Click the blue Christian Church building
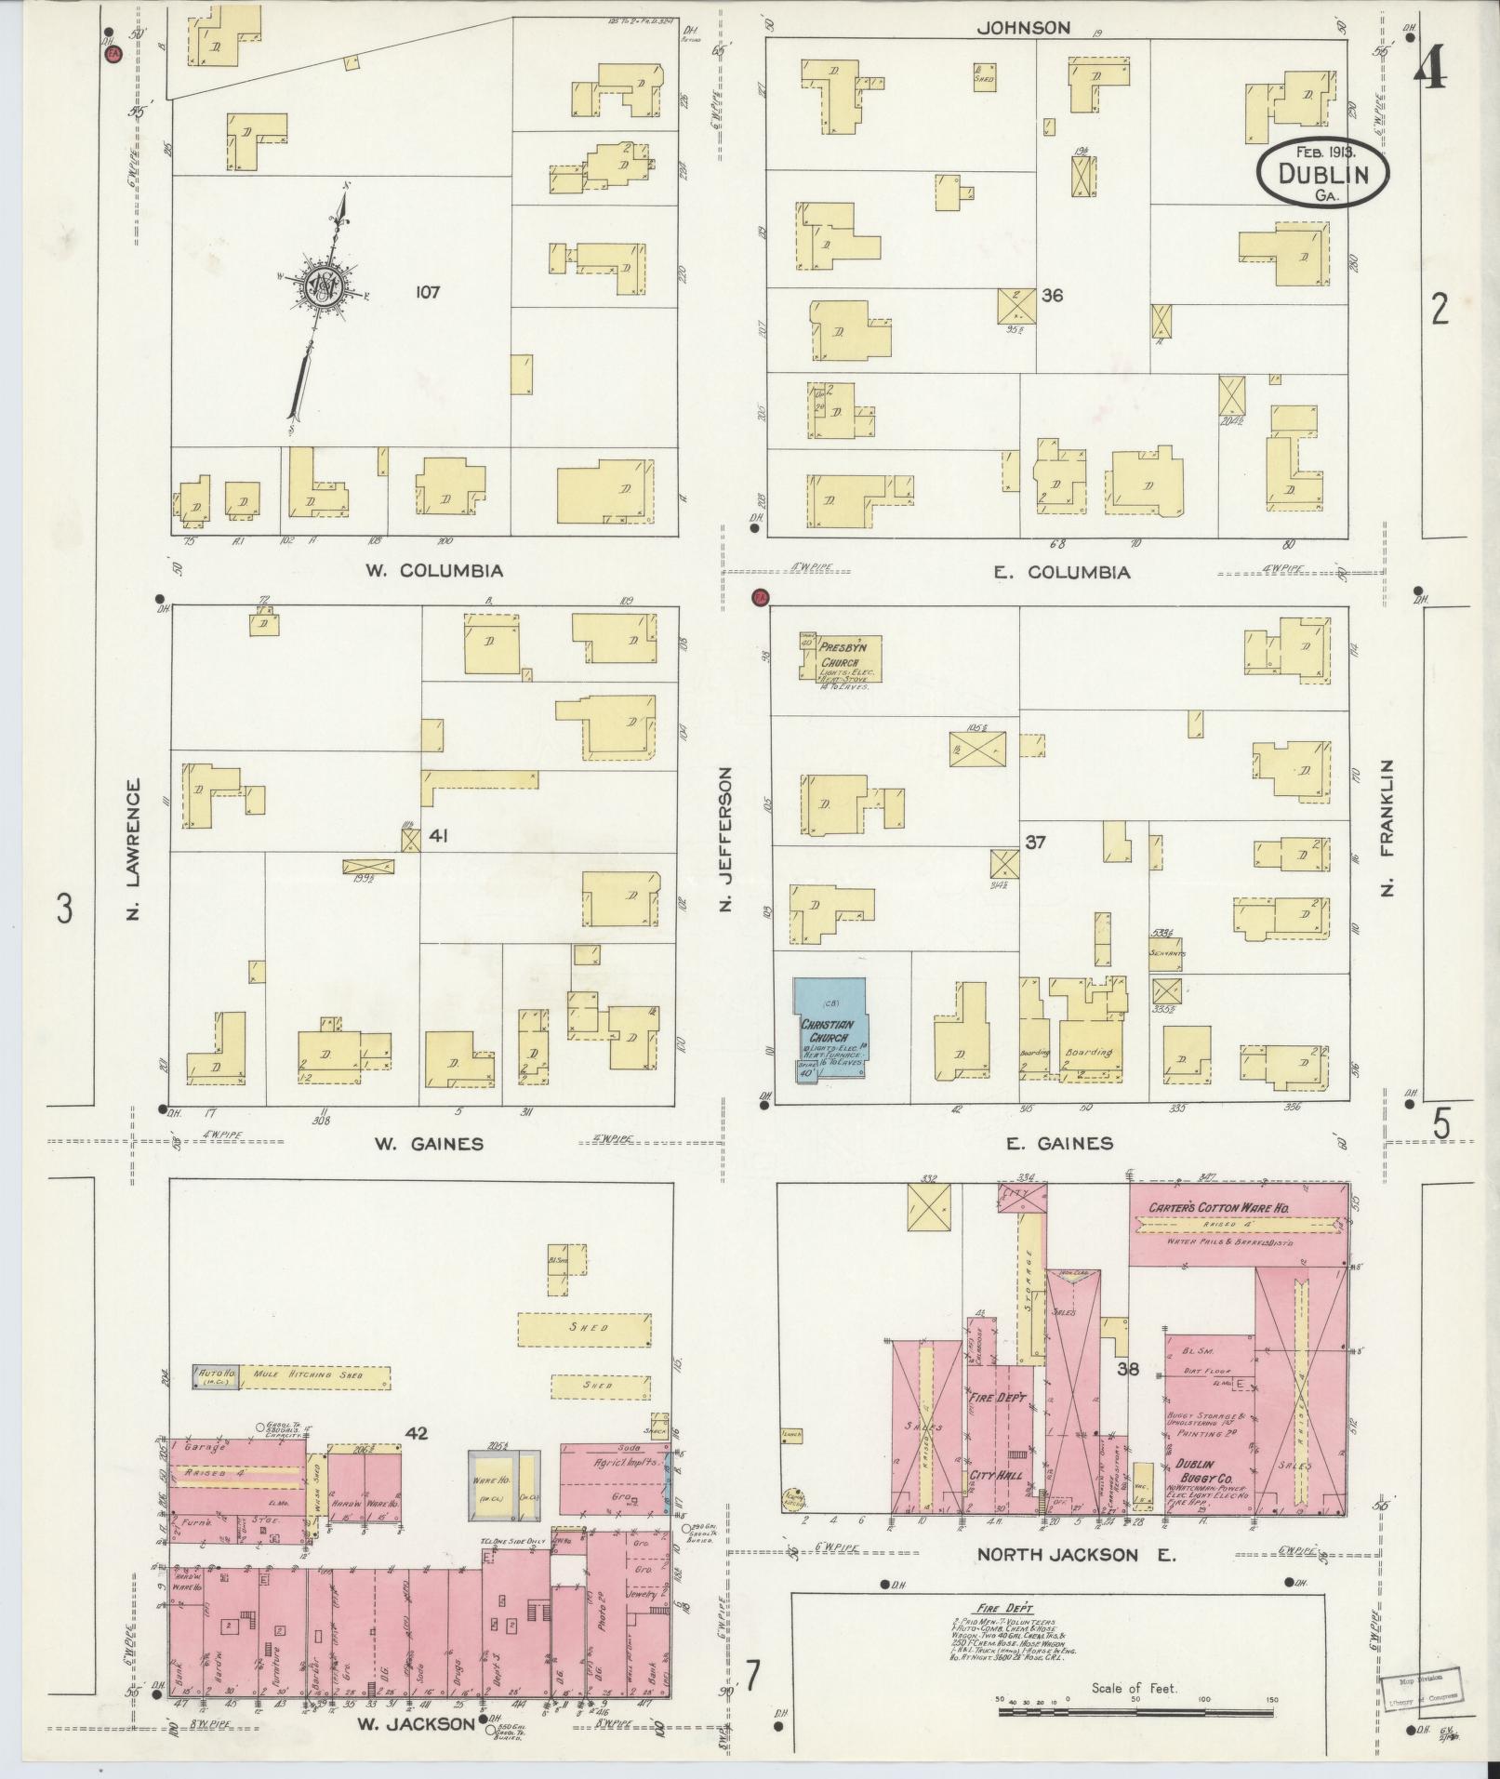(830, 1029)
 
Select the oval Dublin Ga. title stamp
(1322, 172)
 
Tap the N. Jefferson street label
(727, 839)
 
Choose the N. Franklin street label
(1388, 828)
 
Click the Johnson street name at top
(1023, 28)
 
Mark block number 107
(428, 292)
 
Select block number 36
(1052, 296)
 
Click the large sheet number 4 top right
(1430, 69)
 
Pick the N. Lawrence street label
(133, 851)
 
